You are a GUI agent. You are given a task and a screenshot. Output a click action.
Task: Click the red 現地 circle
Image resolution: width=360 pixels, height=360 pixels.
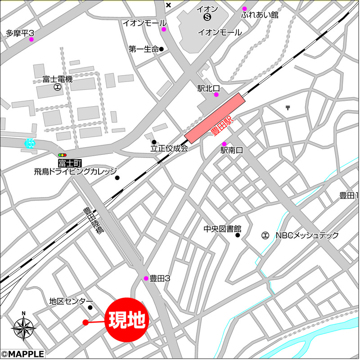(127, 320)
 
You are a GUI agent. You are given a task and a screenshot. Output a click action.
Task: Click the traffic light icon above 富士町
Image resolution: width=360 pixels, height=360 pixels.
(62, 154)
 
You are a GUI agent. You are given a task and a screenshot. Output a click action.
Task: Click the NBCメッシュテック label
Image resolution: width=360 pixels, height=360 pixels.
(307, 235)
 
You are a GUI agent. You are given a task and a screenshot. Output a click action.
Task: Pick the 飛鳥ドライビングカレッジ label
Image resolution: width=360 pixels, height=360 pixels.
(75, 171)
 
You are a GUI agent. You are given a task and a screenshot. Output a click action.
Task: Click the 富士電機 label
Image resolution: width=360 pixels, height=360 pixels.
(58, 79)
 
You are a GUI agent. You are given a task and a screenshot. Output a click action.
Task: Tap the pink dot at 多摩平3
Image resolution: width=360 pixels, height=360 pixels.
(31, 40)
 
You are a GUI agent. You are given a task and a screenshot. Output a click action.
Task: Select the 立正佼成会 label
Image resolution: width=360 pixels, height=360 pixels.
(169, 148)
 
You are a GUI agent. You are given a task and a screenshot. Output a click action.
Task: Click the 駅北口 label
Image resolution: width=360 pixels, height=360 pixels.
(208, 88)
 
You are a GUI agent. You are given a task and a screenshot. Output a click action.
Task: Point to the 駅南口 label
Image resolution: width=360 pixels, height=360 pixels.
(231, 151)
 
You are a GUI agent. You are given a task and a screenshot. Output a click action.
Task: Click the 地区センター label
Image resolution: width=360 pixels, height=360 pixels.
(71, 301)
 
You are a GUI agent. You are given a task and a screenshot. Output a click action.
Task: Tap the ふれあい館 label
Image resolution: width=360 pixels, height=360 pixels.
(260, 15)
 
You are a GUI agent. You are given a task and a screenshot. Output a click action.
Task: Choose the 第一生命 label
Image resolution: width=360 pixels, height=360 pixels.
(144, 49)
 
